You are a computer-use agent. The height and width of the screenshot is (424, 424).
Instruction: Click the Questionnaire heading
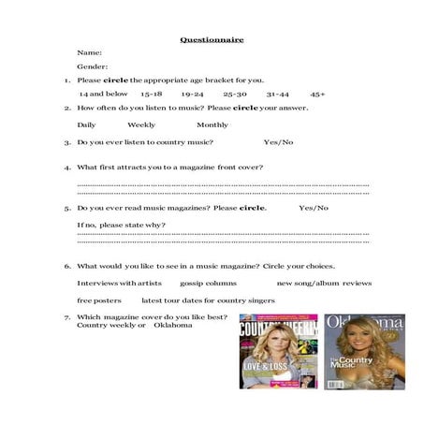(x=212, y=39)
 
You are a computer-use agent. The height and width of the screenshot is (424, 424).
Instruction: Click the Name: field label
(x=90, y=53)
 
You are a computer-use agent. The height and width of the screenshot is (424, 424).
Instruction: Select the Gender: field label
(x=93, y=66)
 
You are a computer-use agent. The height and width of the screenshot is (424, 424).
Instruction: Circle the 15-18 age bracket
(x=152, y=94)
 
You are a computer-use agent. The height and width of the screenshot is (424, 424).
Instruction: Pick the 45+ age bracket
(x=318, y=94)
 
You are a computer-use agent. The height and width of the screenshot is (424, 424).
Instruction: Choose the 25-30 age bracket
(x=235, y=94)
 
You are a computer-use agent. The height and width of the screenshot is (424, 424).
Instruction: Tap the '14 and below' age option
(x=103, y=94)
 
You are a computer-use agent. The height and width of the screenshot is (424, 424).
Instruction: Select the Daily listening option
(x=86, y=124)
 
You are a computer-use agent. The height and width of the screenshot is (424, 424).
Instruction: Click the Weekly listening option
(x=141, y=124)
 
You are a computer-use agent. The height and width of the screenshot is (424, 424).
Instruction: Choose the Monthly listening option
(x=212, y=124)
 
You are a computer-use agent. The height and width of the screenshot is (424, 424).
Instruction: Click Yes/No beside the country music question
(x=278, y=142)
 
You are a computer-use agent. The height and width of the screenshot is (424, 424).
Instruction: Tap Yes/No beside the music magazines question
(x=314, y=208)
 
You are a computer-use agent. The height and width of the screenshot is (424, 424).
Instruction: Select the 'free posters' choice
(x=99, y=300)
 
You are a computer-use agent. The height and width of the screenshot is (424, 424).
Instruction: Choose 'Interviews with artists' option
(x=119, y=283)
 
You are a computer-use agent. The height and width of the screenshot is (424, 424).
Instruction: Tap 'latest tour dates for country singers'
(x=208, y=300)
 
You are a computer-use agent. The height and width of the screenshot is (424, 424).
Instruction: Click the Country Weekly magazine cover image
(x=278, y=351)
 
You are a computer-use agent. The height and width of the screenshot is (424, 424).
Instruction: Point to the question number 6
(x=66, y=266)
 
